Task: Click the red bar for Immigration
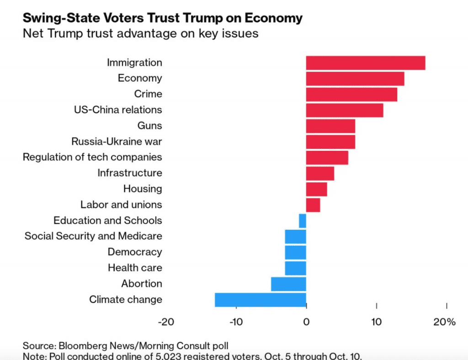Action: pos(366,63)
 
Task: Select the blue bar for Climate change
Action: pos(261,300)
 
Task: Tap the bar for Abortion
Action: pos(288,284)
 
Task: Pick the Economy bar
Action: pos(355,79)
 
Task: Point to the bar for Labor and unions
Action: pos(313,205)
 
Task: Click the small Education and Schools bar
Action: pos(303,221)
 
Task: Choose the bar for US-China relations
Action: pos(345,110)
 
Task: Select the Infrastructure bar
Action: pos(320,174)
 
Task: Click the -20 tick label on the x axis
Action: pos(166,322)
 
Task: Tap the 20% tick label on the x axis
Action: pos(445,322)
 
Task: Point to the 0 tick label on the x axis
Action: pos(306,322)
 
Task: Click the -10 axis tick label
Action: pos(236,322)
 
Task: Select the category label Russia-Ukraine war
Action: pos(117,142)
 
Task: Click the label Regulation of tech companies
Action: pos(92,157)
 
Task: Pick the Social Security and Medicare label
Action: pos(93,236)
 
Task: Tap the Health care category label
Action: pos(135,268)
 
